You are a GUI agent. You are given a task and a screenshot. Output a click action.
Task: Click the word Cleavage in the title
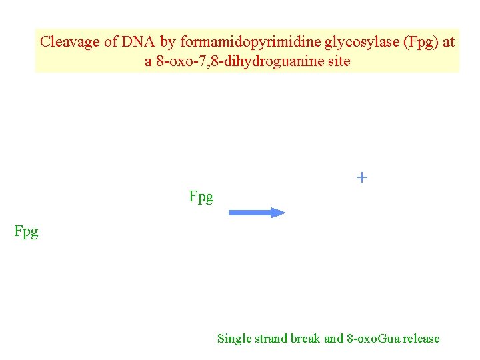click(68, 41)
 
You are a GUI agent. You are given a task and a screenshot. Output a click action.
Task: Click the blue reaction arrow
click(257, 213)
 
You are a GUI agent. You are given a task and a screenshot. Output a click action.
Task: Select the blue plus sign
click(361, 177)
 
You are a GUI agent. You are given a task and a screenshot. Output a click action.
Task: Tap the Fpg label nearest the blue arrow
click(201, 197)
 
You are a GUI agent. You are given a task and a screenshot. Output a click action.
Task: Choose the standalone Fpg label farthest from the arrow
click(27, 231)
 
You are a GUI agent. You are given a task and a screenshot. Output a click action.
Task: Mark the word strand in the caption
click(269, 339)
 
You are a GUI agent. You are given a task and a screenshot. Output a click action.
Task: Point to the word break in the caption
click(305, 339)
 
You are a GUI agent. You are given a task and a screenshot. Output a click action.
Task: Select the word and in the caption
click(333, 339)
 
